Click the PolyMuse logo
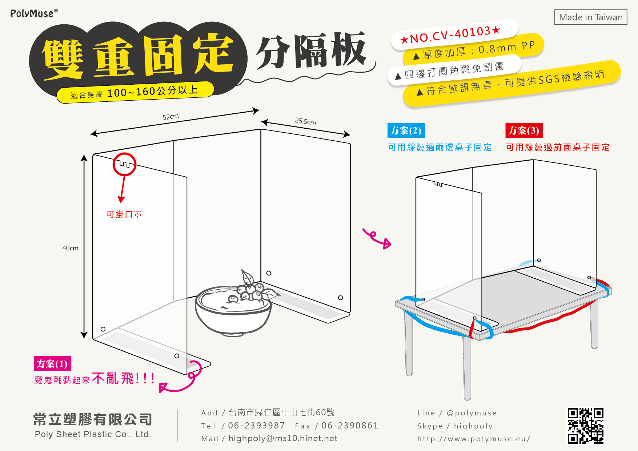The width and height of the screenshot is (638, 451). tap(34, 13)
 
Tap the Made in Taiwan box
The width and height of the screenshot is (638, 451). tap(591, 17)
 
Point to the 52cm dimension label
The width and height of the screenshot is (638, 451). tap(170, 117)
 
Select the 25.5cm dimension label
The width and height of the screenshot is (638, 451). tap(305, 121)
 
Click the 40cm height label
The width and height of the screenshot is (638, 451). tap(70, 248)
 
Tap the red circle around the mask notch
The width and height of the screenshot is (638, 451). tap(124, 164)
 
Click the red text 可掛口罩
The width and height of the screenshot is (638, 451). tap(124, 214)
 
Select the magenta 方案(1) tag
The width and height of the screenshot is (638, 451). tap(52, 363)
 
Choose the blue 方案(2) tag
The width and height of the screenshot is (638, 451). tap(406, 130)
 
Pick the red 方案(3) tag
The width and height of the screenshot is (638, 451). tap(524, 130)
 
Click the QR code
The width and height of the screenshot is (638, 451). tap(586, 426)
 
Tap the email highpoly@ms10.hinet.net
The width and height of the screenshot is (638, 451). tap(283, 438)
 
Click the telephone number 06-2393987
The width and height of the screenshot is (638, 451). tap(256, 426)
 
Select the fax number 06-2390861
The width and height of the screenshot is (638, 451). tap(350, 426)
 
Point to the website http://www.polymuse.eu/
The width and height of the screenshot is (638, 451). tap(474, 439)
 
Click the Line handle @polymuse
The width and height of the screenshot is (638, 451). tap(472, 413)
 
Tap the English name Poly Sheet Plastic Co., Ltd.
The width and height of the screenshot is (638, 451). tap(93, 434)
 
